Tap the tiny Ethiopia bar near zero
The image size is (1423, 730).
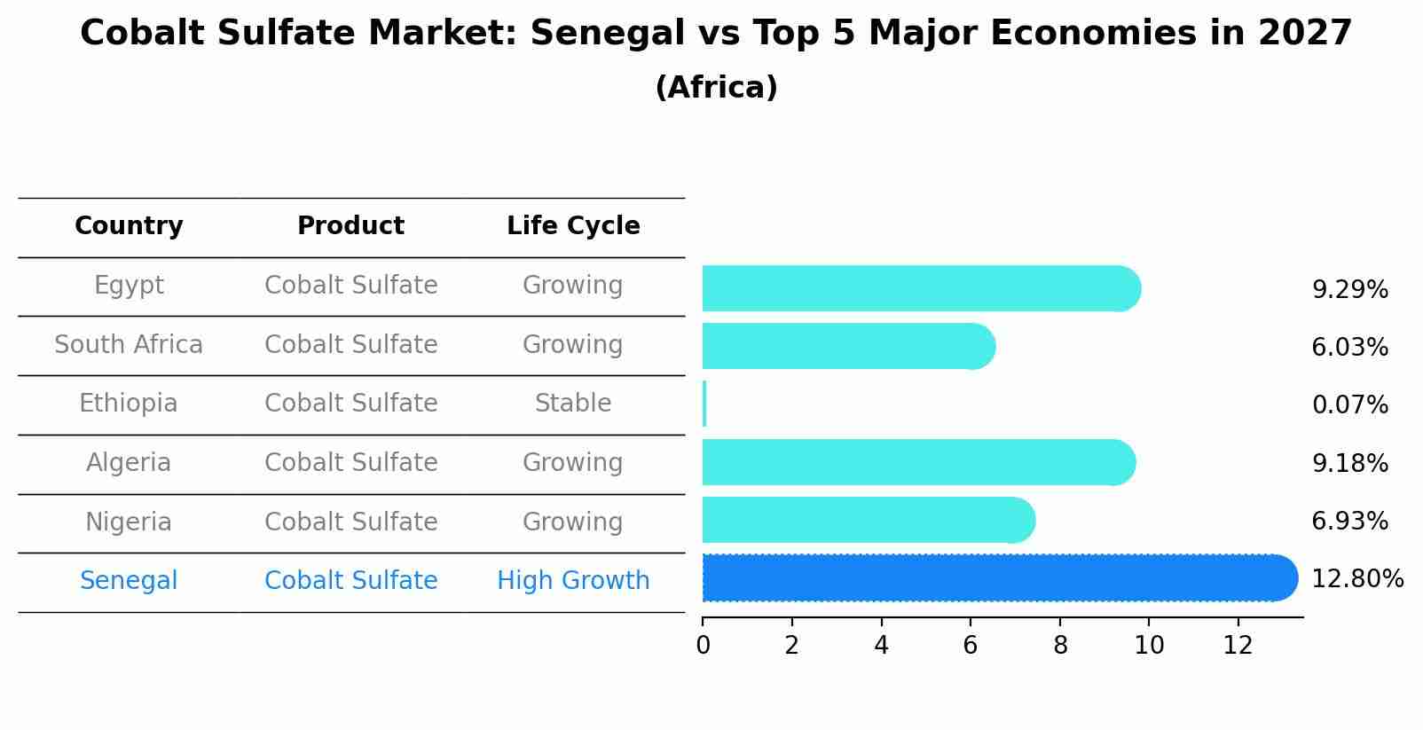pos(704,404)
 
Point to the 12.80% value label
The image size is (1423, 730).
pos(1356,579)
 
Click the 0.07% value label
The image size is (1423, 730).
pos(1349,405)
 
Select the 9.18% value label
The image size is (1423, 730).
pos(1349,463)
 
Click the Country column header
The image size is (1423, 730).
pos(129,226)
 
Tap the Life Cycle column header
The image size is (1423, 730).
pos(573,226)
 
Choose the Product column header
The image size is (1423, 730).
pos(350,226)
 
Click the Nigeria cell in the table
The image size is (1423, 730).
pos(129,522)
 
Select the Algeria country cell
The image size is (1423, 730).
pos(129,463)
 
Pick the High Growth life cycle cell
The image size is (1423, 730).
pos(573,581)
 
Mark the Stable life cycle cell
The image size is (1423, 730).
pos(573,404)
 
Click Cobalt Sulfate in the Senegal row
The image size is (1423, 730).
pos(350,581)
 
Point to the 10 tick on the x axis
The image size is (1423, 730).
pos(1149,645)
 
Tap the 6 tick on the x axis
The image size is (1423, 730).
pos(971,645)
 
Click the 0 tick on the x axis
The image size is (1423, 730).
pos(703,645)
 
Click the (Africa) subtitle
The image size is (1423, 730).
pos(716,88)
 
